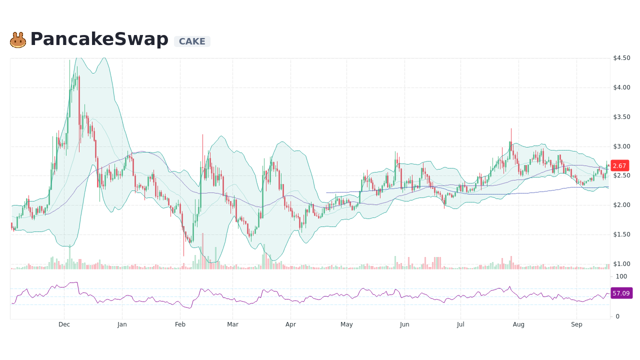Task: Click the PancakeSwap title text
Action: [x=99, y=39]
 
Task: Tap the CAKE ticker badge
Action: [x=192, y=41]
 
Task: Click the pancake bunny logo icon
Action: [x=18, y=40]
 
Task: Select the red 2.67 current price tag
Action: [x=619, y=166]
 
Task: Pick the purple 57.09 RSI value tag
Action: [x=621, y=293]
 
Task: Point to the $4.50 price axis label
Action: [x=621, y=58]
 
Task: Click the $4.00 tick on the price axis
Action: [x=621, y=87]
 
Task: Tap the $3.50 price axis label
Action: [x=621, y=117]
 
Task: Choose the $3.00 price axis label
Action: [x=621, y=146]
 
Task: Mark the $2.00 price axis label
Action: [x=621, y=205]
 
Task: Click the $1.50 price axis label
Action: [x=621, y=234]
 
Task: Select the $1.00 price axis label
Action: [x=621, y=264]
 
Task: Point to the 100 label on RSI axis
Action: [x=621, y=276]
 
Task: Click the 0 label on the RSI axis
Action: [x=618, y=316]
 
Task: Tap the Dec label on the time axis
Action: [x=64, y=324]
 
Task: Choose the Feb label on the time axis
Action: [x=180, y=324]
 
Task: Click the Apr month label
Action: [x=290, y=324]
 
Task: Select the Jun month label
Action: [x=404, y=324]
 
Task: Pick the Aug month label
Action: [x=518, y=324]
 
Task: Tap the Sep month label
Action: [x=576, y=324]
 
